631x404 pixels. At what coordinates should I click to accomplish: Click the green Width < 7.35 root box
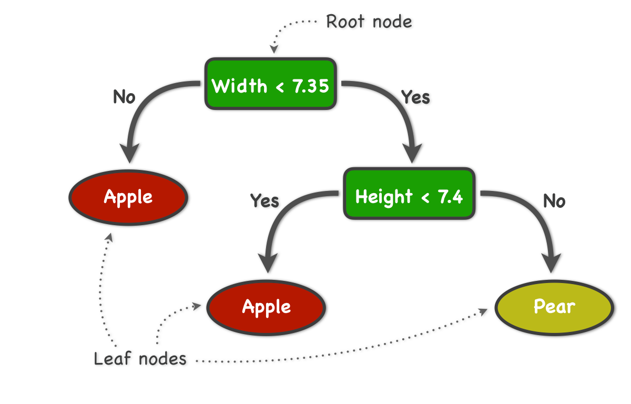(x=270, y=84)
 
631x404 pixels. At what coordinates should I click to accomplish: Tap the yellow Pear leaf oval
(x=554, y=307)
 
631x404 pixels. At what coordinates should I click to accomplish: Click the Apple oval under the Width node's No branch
(x=128, y=197)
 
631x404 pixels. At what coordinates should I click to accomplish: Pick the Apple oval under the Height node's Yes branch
(x=266, y=307)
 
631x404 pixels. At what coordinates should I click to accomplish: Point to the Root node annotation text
(x=369, y=22)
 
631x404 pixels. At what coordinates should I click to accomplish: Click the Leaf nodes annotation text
(x=140, y=359)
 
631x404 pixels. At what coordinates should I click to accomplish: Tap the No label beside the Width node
(x=124, y=97)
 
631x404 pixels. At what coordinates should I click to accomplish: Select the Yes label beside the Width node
(x=415, y=97)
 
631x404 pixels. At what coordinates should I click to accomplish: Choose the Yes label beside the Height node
(x=264, y=201)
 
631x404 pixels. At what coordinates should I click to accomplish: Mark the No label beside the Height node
(x=554, y=201)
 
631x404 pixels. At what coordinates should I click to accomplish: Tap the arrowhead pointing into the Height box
(x=412, y=153)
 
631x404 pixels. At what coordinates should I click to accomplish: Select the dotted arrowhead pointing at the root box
(x=273, y=49)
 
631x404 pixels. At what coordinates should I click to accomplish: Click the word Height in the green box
(x=384, y=196)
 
